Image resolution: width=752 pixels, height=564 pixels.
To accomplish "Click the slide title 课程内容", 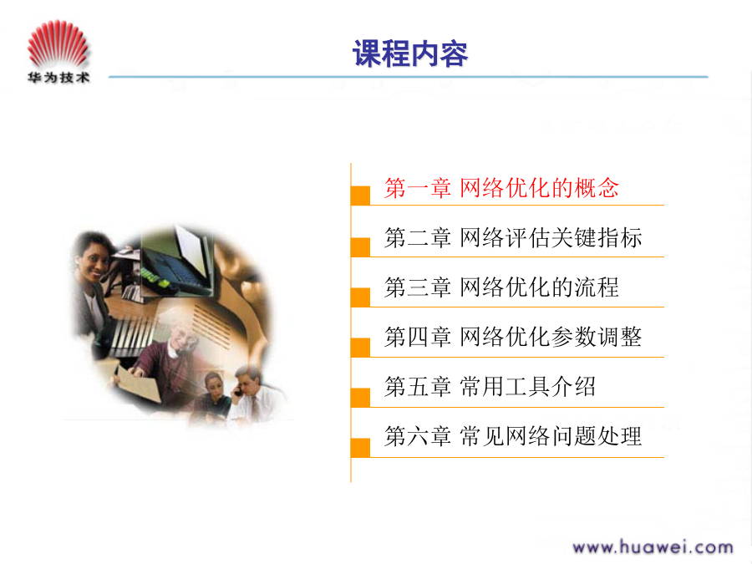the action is point(410,53).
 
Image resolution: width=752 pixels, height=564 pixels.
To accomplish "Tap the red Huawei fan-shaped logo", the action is point(58,43).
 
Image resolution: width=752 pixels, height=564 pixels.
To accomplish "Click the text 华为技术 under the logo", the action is point(58,77).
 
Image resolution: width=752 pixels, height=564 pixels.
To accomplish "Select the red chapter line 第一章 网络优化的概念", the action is point(501,187).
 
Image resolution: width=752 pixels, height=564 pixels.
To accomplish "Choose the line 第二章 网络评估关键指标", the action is point(513,237).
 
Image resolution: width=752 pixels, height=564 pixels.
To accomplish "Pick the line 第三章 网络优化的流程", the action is point(501,287).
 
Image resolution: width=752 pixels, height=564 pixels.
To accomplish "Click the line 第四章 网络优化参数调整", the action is point(513,337).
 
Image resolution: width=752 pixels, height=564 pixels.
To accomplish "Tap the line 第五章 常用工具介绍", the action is point(490,387).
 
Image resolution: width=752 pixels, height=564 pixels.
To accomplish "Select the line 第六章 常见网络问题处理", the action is point(513,436).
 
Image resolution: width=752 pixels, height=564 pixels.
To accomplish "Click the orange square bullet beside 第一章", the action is point(361,196).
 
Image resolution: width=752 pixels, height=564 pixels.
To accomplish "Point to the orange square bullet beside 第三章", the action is point(361,297).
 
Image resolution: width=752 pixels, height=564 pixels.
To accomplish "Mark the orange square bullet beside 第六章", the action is point(361,448).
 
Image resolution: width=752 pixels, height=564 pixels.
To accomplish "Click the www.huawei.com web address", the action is point(653,547).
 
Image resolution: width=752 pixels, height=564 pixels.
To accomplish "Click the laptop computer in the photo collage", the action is point(180,262).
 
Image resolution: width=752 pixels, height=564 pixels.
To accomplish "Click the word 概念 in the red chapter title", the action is point(597,187).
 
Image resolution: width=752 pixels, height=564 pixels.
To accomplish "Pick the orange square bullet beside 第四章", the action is point(361,348).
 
